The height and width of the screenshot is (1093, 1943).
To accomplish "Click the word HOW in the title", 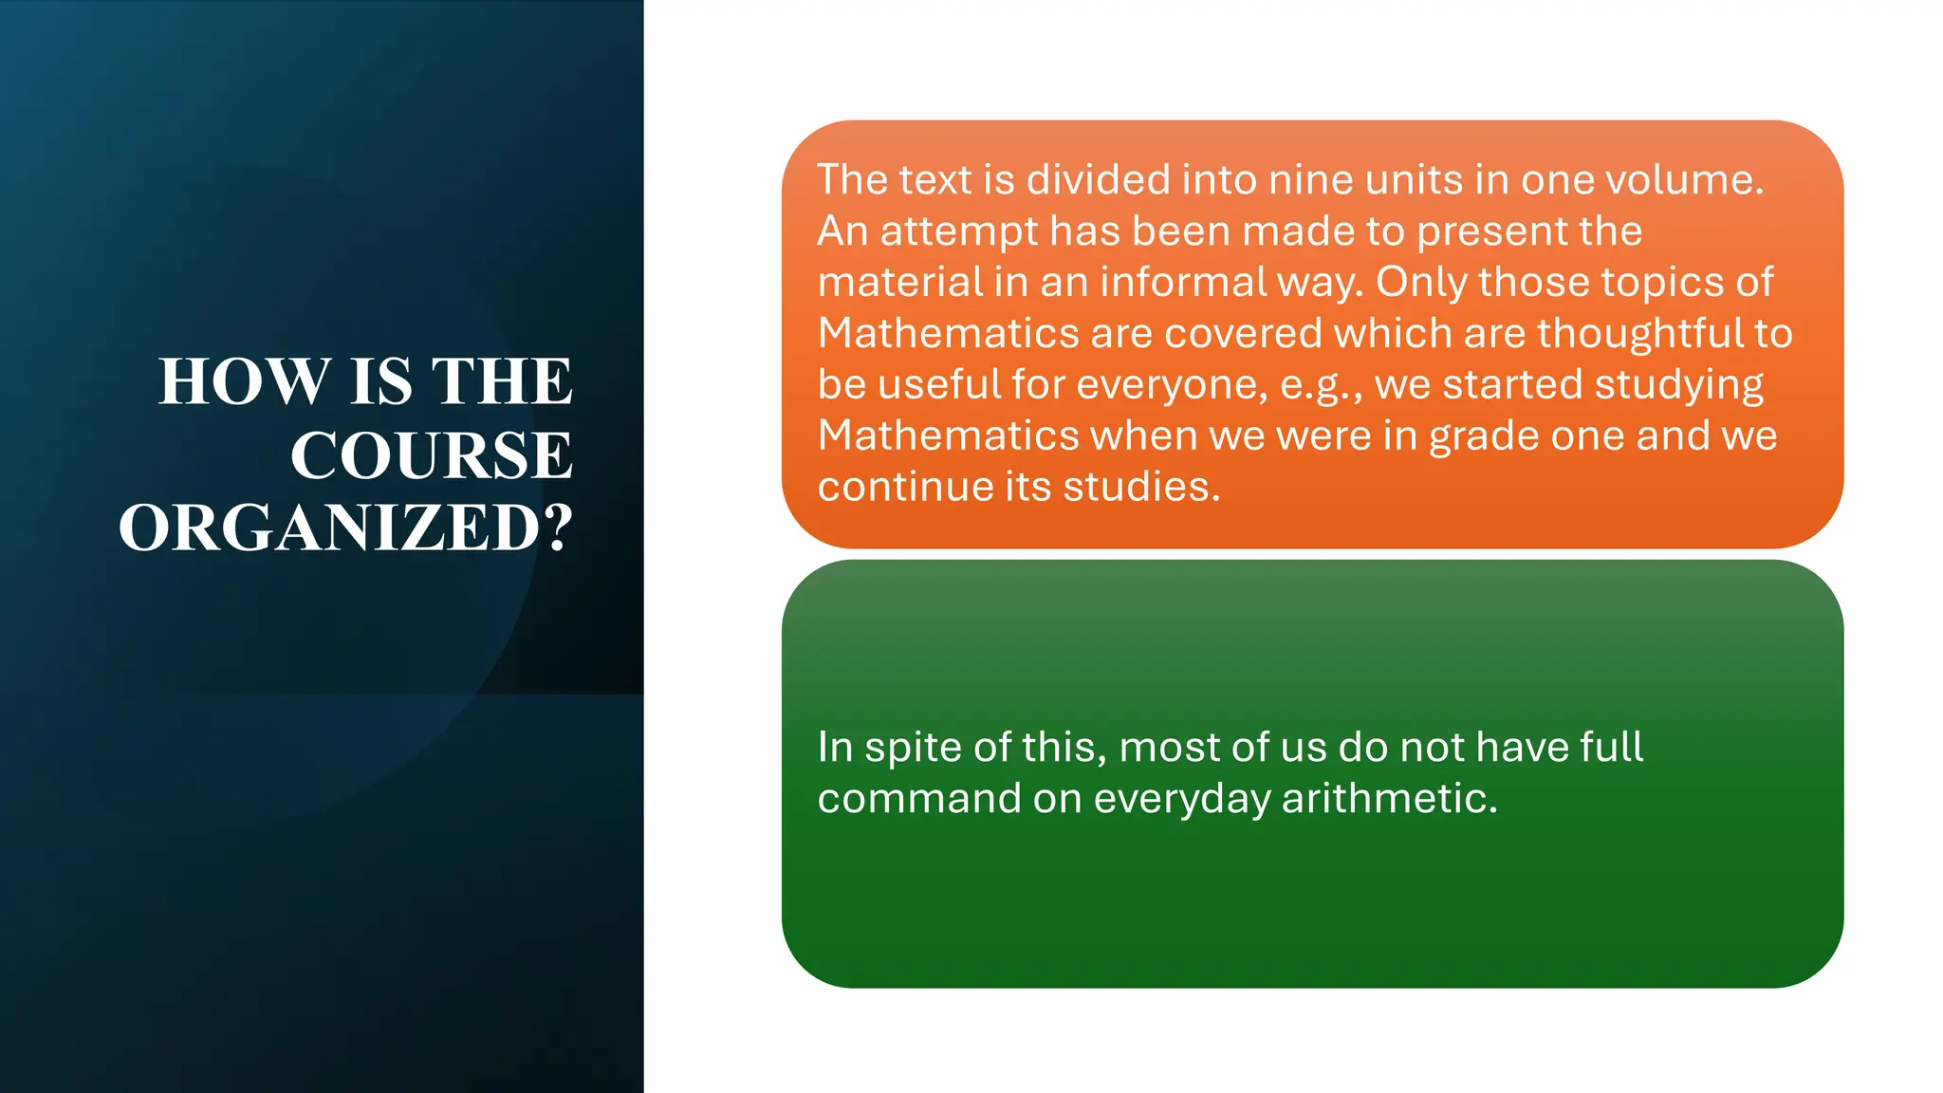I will click(x=245, y=381).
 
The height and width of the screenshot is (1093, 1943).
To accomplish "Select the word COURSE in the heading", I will click(x=432, y=455).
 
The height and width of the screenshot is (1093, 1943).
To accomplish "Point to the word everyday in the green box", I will click(x=1181, y=799).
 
